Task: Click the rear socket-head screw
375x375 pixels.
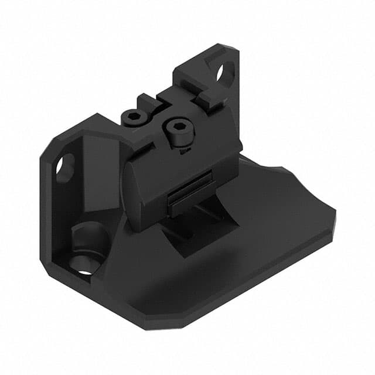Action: tap(134, 117)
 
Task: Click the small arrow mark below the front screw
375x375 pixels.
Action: tap(184, 151)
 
